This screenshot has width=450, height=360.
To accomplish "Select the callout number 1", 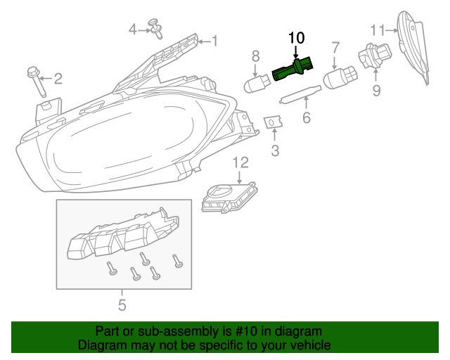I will [214, 42].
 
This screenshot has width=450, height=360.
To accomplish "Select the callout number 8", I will [256, 55].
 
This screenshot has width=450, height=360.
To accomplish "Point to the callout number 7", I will [335, 48].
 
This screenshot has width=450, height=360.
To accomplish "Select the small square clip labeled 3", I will [272, 123].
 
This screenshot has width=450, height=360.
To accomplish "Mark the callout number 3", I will [275, 150].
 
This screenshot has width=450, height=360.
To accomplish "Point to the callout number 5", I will [122, 304].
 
